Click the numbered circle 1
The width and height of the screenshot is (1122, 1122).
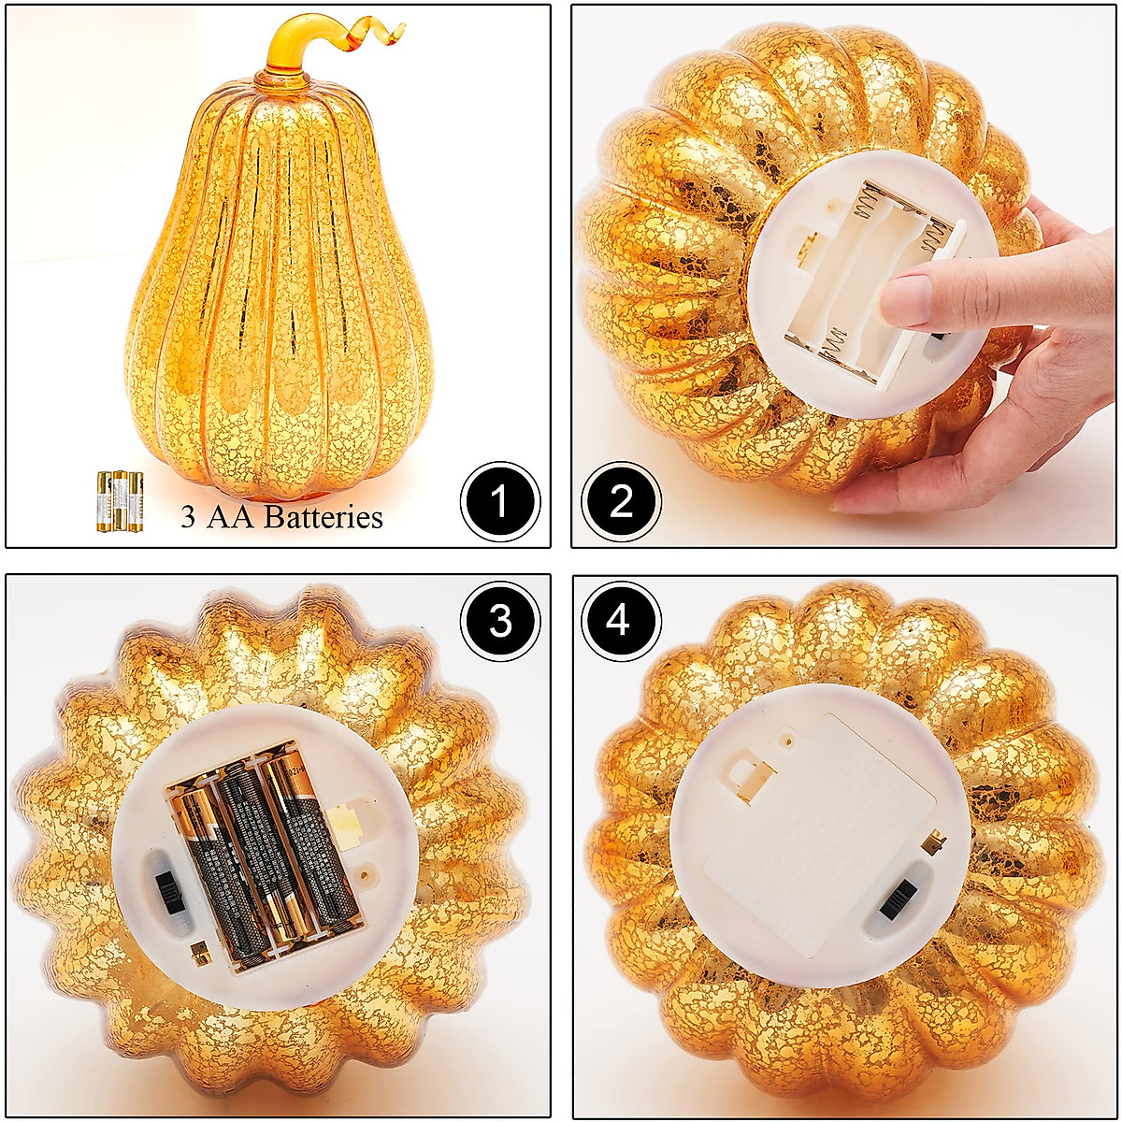tap(499, 502)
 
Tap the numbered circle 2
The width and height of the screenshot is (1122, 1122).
tap(621, 502)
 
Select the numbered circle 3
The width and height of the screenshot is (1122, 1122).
tap(499, 620)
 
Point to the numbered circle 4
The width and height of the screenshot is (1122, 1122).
tap(621, 620)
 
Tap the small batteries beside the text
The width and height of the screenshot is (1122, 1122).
tap(119, 501)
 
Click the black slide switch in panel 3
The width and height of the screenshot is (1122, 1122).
tap(168, 897)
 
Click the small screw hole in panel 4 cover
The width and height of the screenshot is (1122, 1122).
tap(792, 741)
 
